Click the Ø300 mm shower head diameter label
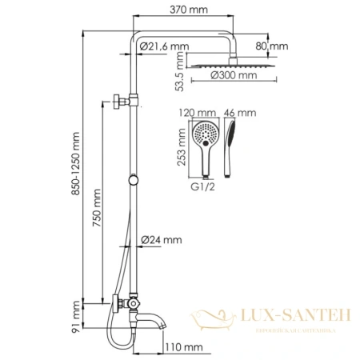(x=234, y=76)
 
